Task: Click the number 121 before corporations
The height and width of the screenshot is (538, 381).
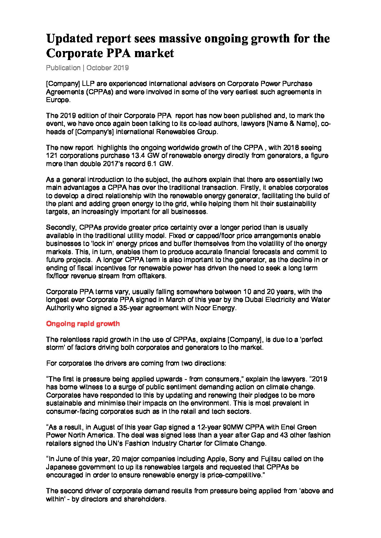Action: (52, 156)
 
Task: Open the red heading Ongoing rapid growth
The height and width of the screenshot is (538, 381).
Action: (83, 323)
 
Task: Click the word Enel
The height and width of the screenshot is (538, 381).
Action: (286, 427)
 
